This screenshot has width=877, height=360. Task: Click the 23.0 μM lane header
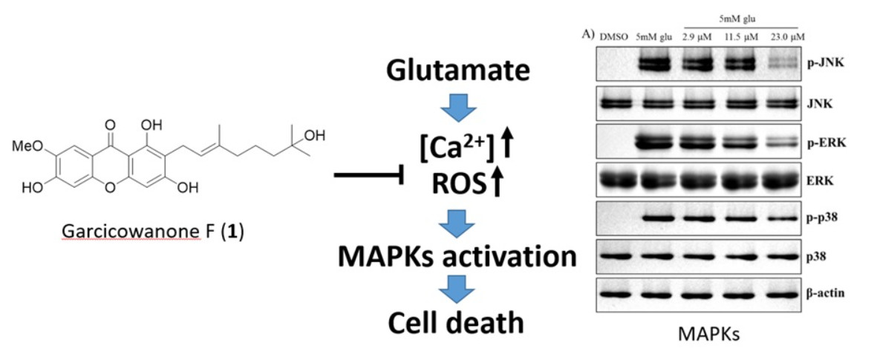click(786, 36)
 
